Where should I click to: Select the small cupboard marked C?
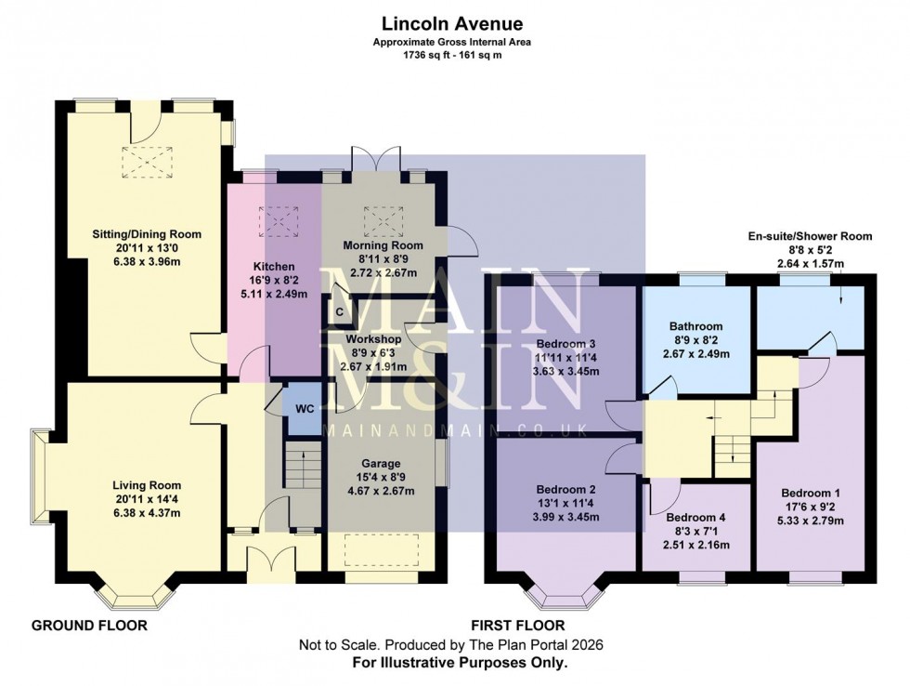(x=340, y=311)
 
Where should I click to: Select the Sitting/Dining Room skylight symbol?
(x=143, y=162)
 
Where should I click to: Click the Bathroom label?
(x=696, y=326)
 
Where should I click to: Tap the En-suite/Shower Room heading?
(x=811, y=236)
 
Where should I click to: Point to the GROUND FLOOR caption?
(x=89, y=626)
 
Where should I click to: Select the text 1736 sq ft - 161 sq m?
(x=451, y=55)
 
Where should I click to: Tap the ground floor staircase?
(x=297, y=464)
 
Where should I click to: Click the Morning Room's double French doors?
(x=375, y=158)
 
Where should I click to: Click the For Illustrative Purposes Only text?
(x=459, y=663)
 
